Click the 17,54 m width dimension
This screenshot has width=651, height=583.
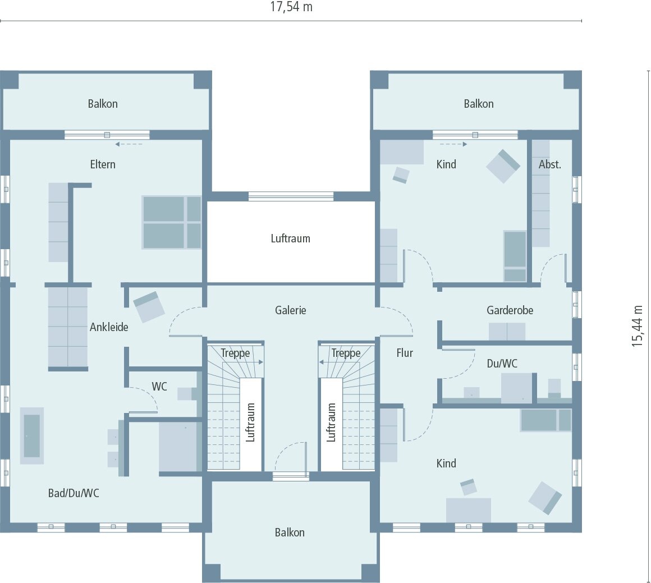tap(291, 7)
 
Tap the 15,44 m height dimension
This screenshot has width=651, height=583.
tap(638, 326)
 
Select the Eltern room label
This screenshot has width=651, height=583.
tap(103, 164)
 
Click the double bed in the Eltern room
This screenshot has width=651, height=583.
tap(171, 222)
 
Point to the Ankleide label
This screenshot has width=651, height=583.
tap(109, 327)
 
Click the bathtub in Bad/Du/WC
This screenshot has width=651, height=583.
tap(31, 435)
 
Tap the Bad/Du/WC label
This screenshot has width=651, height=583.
tap(74, 493)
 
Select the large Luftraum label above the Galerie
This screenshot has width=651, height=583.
tap(290, 238)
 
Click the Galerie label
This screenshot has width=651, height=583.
tap(291, 310)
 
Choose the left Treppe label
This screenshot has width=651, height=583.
tap(235, 354)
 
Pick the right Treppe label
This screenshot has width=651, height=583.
tap(346, 354)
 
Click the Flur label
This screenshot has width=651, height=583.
tap(405, 353)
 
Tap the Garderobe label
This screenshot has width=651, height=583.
tap(510, 310)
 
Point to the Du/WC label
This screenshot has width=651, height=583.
tap(502, 364)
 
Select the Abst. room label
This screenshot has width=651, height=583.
tap(549, 164)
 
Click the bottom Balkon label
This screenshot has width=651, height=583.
tap(290, 532)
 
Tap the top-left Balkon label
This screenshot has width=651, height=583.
tap(103, 104)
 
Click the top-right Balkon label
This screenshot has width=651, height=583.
tap(479, 104)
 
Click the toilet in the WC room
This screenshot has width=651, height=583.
tap(187, 393)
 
